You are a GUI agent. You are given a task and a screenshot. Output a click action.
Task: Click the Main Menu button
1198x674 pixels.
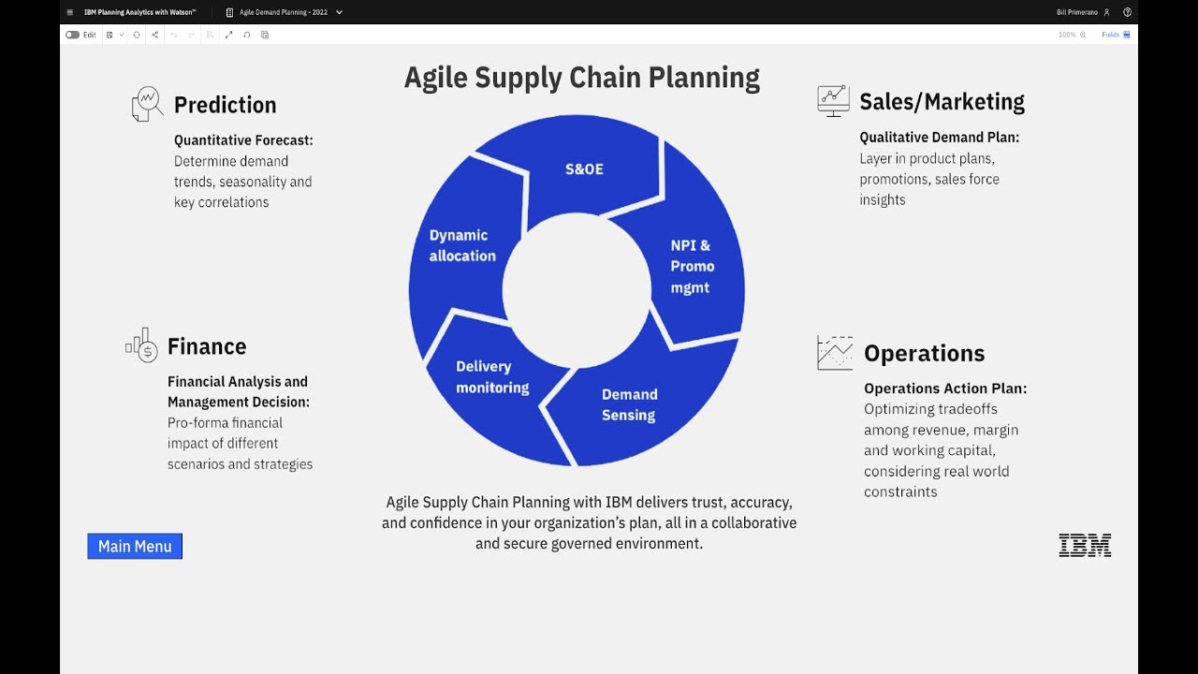(135, 546)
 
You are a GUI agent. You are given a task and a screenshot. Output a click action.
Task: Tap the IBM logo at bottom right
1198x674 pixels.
(1085, 546)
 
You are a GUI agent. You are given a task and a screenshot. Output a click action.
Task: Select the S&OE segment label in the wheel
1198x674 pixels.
(584, 169)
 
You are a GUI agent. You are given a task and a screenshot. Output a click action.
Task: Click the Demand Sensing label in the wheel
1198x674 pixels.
(629, 404)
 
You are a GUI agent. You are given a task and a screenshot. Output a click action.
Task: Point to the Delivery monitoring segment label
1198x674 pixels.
(492, 376)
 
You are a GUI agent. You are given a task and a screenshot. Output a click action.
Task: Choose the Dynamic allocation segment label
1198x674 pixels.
(462, 245)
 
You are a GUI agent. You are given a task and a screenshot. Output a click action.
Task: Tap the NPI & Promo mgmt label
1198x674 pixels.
(692, 266)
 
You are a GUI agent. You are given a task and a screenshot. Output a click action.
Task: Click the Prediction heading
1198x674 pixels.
(225, 105)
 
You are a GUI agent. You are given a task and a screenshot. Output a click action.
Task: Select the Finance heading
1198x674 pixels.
(207, 346)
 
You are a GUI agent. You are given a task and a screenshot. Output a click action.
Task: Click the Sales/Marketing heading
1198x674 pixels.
(942, 101)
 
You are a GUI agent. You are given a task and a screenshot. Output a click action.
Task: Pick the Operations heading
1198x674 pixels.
(924, 353)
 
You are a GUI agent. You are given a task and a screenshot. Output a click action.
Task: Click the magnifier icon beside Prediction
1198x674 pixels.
(147, 104)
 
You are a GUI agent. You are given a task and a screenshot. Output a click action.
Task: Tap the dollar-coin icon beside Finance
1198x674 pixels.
(142, 345)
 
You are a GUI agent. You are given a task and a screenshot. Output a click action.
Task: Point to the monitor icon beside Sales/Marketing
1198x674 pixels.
(833, 100)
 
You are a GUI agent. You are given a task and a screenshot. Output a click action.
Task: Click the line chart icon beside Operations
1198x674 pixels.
(835, 353)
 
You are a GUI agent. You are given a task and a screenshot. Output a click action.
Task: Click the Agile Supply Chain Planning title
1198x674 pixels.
(581, 77)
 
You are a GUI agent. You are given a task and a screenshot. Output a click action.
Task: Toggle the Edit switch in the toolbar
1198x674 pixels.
(72, 35)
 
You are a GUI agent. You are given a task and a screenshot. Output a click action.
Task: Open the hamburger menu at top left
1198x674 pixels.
(70, 12)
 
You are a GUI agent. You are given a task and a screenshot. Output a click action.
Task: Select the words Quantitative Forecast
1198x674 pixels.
(243, 140)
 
